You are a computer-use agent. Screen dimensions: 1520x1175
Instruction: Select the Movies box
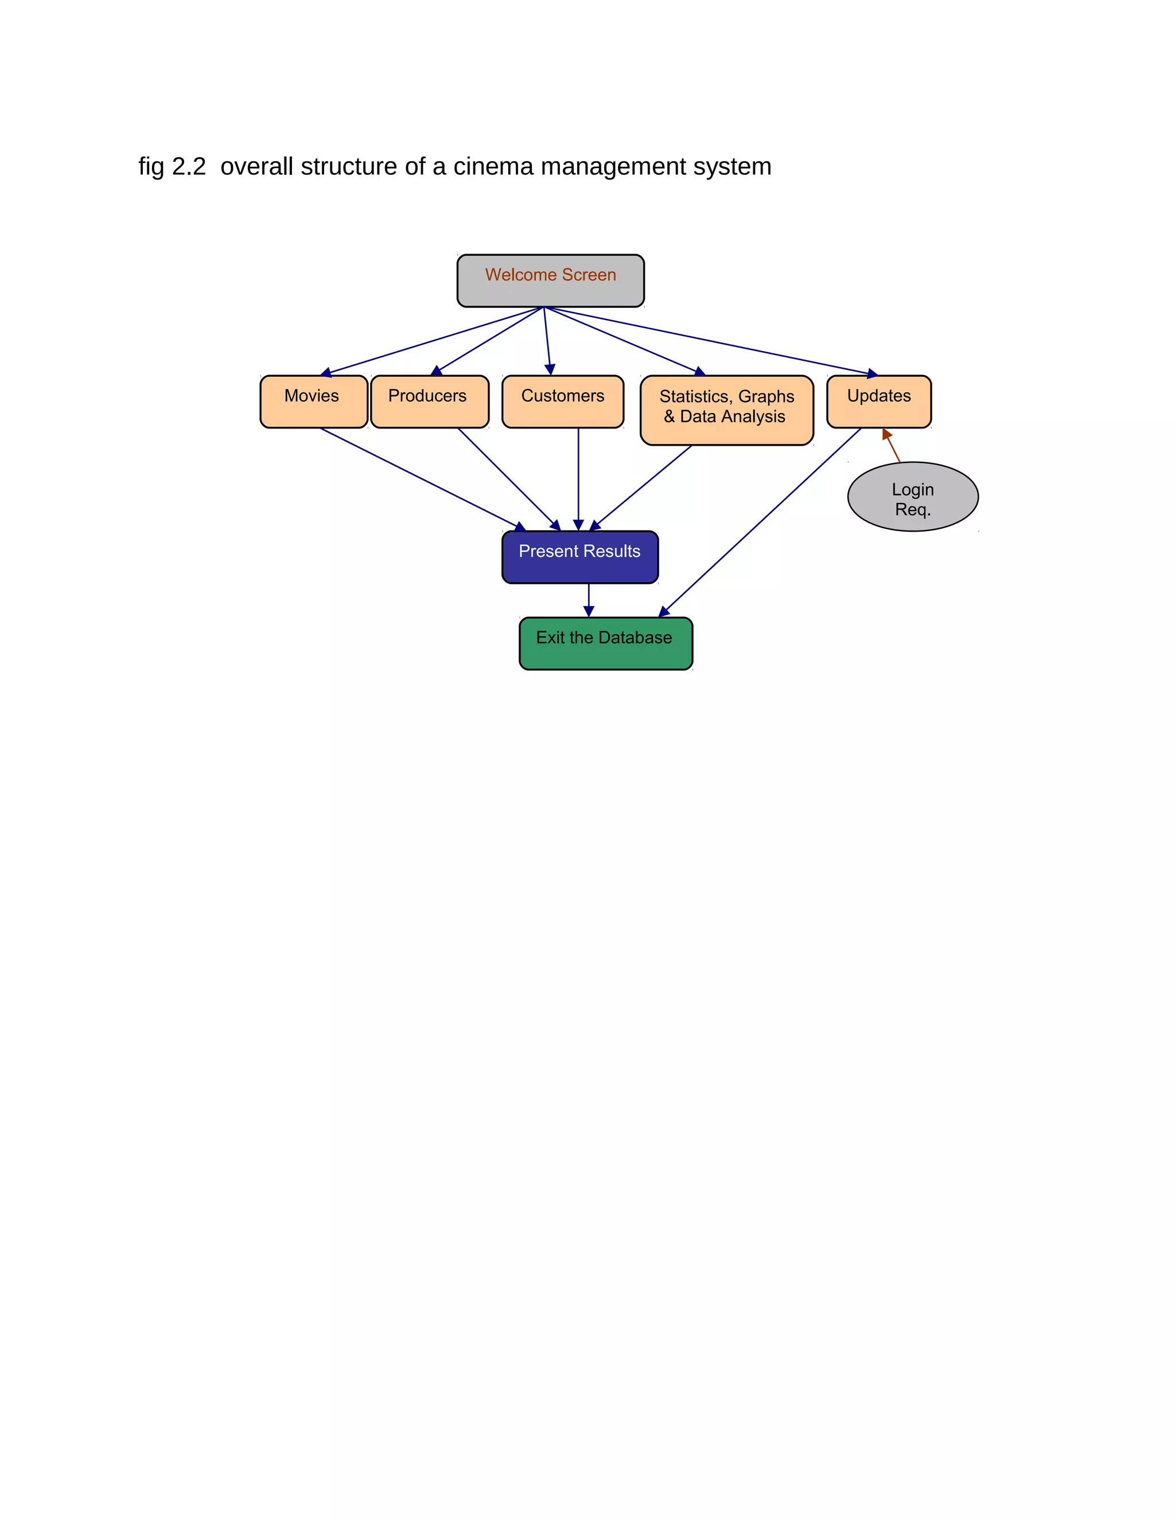313,402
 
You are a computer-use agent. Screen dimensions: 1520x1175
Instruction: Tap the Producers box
430,402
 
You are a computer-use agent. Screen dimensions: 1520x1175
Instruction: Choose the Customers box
562,402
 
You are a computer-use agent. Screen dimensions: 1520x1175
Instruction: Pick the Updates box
878,402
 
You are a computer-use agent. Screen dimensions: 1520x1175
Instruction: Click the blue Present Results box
580,557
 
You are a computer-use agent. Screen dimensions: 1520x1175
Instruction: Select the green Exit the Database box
606,643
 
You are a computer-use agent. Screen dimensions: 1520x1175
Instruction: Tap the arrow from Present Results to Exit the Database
589,599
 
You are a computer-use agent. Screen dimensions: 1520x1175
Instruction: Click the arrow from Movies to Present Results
418,477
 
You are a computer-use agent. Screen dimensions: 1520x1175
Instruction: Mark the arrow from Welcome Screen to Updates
710,341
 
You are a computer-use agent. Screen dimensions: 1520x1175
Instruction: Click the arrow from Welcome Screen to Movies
431,341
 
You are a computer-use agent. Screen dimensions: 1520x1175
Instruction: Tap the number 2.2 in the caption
189,167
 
